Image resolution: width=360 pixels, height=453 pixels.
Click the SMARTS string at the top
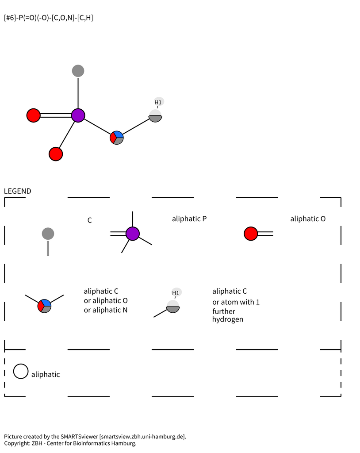(49, 18)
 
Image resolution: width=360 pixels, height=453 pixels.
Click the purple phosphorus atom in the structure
(78, 115)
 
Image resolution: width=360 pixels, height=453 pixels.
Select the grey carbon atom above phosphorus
(78, 71)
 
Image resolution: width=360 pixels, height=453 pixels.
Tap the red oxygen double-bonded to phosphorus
(34, 115)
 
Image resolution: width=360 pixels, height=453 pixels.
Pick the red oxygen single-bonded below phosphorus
(56, 154)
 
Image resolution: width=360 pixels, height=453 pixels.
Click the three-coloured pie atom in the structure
(117, 138)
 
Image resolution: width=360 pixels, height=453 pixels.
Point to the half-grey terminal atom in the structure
(155, 116)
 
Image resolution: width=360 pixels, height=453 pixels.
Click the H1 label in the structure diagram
(158, 102)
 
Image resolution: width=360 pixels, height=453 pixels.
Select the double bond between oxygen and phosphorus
(56, 115)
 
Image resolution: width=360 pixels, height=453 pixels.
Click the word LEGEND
(17, 191)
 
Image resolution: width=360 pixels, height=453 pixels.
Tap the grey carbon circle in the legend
(48, 234)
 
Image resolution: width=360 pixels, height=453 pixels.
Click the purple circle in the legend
(133, 234)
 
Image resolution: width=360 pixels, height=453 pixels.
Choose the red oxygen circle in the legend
(251, 234)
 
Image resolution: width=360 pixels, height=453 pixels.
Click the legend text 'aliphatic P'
(189, 219)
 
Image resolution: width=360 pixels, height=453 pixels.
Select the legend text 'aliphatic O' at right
(308, 219)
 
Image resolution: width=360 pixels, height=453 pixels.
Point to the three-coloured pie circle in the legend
(44, 306)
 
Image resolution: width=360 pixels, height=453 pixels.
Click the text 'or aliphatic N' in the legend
(105, 310)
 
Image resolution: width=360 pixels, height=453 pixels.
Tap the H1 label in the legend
(176, 293)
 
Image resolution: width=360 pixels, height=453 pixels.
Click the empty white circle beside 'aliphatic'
(21, 371)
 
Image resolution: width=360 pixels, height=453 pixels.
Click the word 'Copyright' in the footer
(17, 443)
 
